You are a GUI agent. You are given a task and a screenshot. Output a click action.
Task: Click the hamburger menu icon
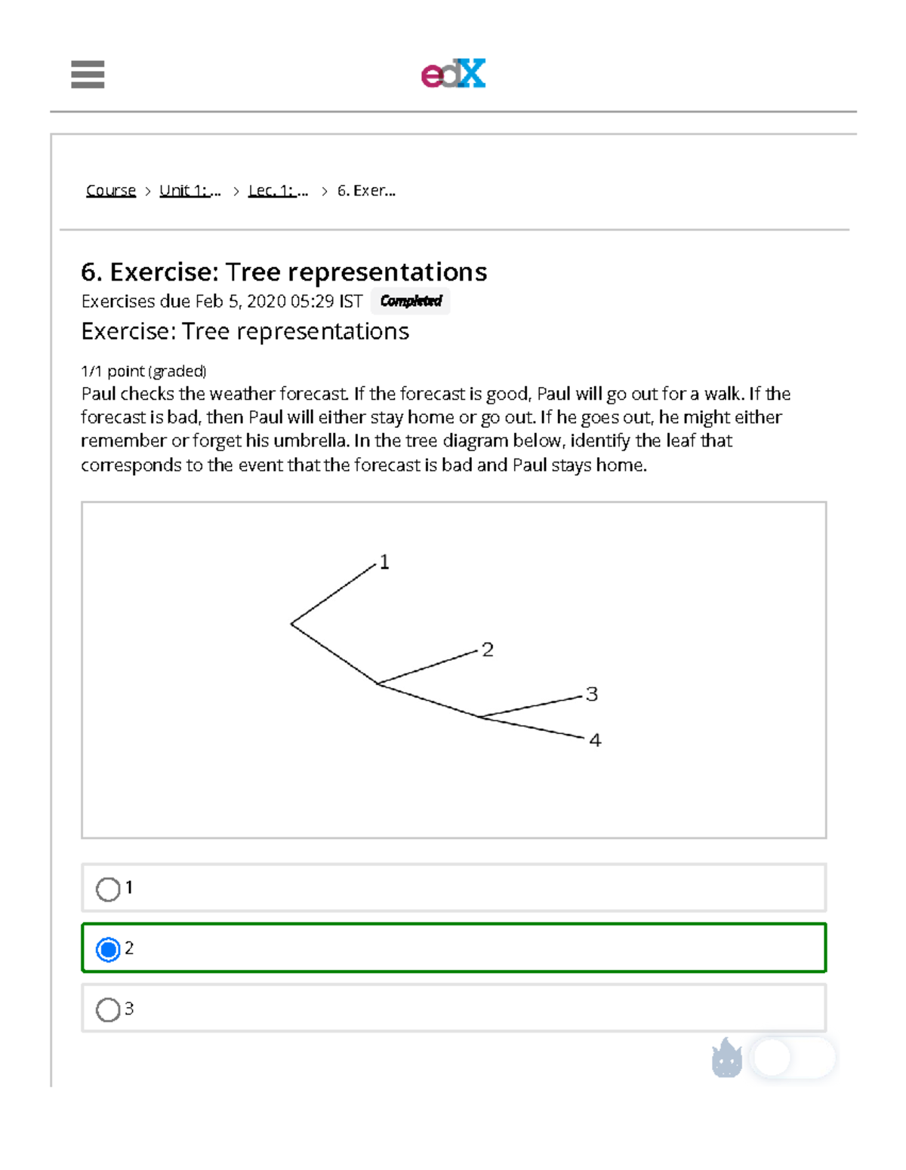coord(88,74)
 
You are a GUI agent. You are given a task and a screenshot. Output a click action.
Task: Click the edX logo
coord(453,74)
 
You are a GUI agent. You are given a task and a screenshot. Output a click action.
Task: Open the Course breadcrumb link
coord(111,191)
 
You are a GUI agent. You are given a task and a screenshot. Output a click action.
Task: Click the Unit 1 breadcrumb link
coord(190,191)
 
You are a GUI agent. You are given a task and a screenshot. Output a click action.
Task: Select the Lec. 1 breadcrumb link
coord(278,191)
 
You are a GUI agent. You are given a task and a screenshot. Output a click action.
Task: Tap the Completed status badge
coord(411,301)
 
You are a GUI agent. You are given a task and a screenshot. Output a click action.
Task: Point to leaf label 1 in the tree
coord(384,562)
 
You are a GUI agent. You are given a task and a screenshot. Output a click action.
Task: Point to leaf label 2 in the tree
coord(488,649)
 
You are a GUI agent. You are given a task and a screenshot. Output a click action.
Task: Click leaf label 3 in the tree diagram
coord(592,694)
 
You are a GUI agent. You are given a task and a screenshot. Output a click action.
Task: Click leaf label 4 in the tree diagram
coord(595,741)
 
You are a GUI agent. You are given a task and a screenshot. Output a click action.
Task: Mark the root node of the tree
coord(291,624)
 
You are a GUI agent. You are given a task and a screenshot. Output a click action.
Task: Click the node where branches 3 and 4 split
coord(480,717)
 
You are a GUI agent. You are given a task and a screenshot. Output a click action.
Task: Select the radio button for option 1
coord(108,889)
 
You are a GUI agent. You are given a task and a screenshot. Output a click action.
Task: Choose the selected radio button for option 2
coord(108,949)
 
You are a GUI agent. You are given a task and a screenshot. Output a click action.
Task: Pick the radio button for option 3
coord(108,1009)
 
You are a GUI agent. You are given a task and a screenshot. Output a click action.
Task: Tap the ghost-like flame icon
coord(727,1058)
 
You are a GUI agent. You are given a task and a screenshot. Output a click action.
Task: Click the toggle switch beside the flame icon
coord(794,1058)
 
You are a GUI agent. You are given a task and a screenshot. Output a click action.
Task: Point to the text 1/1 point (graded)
coord(143,371)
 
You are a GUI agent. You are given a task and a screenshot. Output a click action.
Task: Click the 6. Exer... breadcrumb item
coord(366,191)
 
